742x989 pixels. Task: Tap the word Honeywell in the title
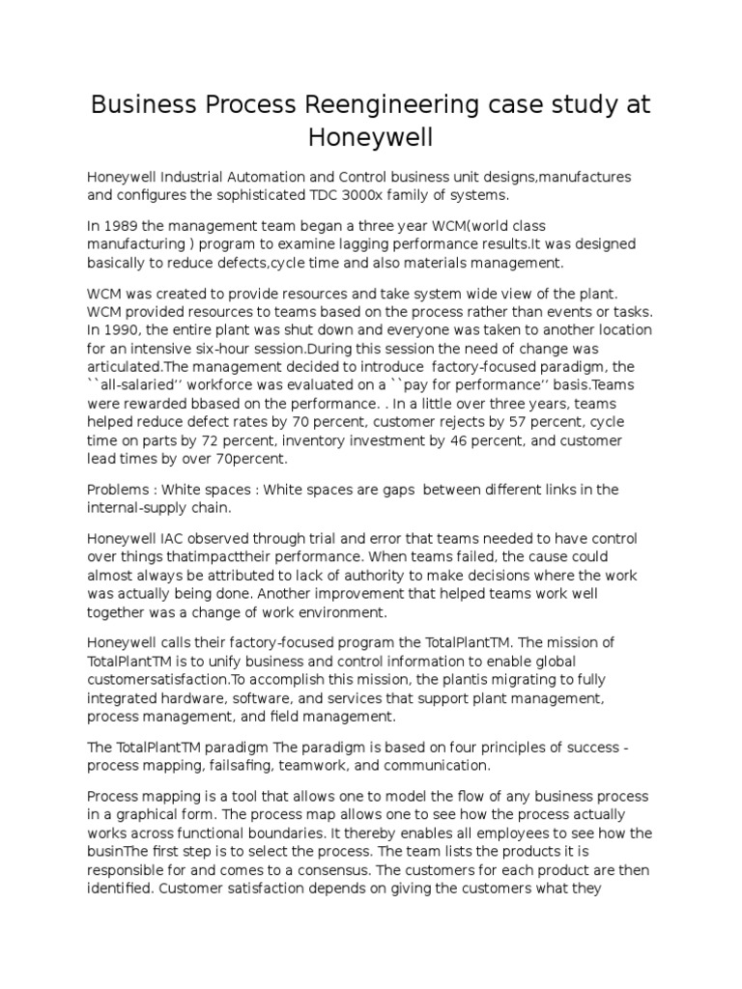(371, 137)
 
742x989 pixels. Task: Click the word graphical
(137, 814)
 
